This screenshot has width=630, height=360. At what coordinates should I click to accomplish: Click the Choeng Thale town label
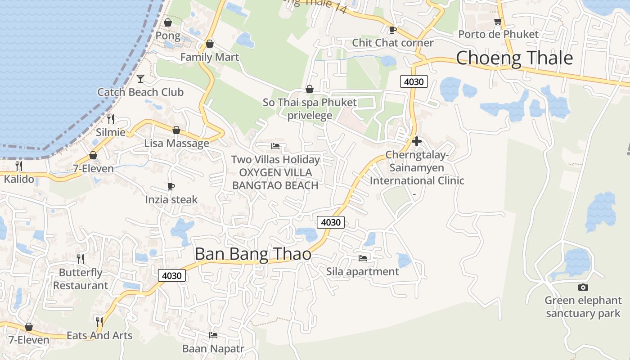coord(514,58)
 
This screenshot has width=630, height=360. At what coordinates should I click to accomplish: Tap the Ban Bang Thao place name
coord(253,254)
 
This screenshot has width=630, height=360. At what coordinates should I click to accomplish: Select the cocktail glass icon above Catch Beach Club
coord(140,79)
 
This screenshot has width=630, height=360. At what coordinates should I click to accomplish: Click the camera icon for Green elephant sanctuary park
coord(583,287)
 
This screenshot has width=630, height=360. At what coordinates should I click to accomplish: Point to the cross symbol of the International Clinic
coord(417,141)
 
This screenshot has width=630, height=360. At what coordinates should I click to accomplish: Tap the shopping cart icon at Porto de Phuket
coord(498,21)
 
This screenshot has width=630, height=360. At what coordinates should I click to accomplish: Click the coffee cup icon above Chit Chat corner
coord(392,30)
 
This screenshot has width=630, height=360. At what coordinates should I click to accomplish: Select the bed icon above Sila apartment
coord(362,258)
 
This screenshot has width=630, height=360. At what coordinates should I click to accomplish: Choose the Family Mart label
coord(210,57)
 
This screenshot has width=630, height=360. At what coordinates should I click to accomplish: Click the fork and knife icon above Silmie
coord(111,119)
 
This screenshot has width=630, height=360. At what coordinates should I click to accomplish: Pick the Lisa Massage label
coord(176,143)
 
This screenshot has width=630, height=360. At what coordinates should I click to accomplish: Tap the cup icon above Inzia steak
coord(171,186)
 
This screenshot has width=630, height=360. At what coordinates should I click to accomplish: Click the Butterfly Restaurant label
coord(81,279)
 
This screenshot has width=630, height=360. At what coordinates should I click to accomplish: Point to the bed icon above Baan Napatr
coord(213,335)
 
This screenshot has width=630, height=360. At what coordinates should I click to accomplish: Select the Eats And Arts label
coord(99,335)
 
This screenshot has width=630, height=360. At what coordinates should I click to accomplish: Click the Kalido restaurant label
coord(19,179)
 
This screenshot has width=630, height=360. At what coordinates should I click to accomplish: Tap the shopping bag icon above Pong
coord(168,22)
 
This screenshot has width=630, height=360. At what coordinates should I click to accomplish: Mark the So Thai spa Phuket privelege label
coord(310,108)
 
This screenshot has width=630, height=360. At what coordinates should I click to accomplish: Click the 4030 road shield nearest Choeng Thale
coord(414,81)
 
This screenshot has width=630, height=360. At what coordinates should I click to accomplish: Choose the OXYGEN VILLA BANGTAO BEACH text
coord(275,179)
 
